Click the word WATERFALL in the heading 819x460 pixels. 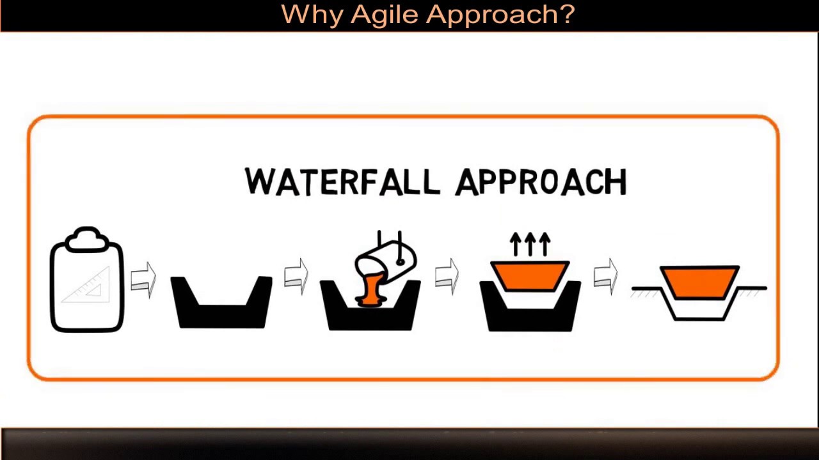(x=342, y=182)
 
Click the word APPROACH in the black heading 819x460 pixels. (x=541, y=183)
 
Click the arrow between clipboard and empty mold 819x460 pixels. (x=143, y=280)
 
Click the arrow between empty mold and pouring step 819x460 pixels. (x=296, y=276)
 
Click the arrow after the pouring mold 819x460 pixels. (x=447, y=276)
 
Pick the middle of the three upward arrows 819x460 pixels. (x=530, y=244)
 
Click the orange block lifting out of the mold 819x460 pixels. (x=530, y=275)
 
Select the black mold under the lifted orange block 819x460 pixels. (x=530, y=316)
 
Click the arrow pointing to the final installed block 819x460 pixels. (x=605, y=276)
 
